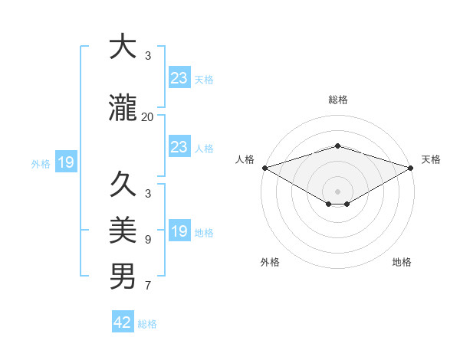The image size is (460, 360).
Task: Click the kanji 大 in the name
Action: (123, 47)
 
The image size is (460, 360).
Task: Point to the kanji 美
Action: (123, 230)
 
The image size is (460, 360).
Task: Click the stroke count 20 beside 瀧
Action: (147, 117)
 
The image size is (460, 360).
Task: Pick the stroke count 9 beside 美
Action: (147, 240)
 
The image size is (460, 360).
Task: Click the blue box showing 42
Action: (123, 322)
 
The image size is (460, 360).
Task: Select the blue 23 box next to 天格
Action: (179, 78)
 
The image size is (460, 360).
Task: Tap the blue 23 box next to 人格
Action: (179, 147)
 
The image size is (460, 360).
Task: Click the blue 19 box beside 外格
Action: (66, 162)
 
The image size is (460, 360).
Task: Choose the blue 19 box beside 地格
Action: (179, 231)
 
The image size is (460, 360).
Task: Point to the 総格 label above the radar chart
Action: (338, 100)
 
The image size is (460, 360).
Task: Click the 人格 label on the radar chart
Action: (245, 159)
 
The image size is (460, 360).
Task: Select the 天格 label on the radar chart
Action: (431, 159)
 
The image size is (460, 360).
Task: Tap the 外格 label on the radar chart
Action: (270, 262)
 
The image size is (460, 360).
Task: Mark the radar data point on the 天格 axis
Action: (411, 167)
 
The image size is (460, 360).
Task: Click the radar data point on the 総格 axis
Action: (338, 146)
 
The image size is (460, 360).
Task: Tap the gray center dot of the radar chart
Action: (338, 190)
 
